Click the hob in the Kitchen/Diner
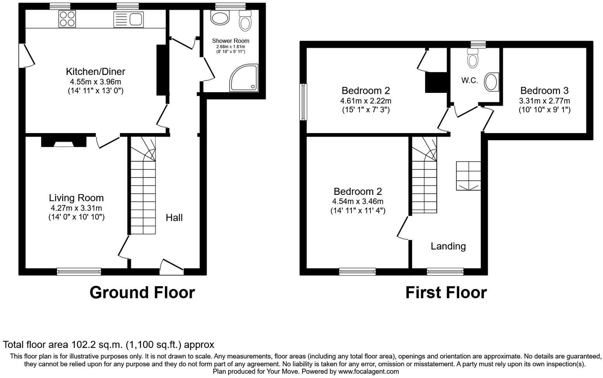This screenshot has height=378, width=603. (x=67, y=19)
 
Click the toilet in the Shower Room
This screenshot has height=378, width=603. (x=245, y=20)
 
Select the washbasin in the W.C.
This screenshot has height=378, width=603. (x=491, y=82)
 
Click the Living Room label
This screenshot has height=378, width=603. (x=76, y=198)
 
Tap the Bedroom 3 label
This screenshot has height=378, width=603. (x=544, y=91)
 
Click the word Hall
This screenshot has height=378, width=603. (x=174, y=218)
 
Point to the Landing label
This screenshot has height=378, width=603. (x=448, y=246)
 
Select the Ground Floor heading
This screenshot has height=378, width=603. (x=142, y=292)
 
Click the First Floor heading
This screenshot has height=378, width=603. (x=446, y=292)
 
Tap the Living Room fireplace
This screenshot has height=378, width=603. (x=64, y=141)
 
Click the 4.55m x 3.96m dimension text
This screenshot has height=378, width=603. (x=95, y=82)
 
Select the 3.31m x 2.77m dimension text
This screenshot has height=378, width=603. (x=544, y=101)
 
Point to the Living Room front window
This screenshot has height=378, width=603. (x=79, y=271)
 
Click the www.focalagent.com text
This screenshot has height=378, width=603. (x=369, y=371)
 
